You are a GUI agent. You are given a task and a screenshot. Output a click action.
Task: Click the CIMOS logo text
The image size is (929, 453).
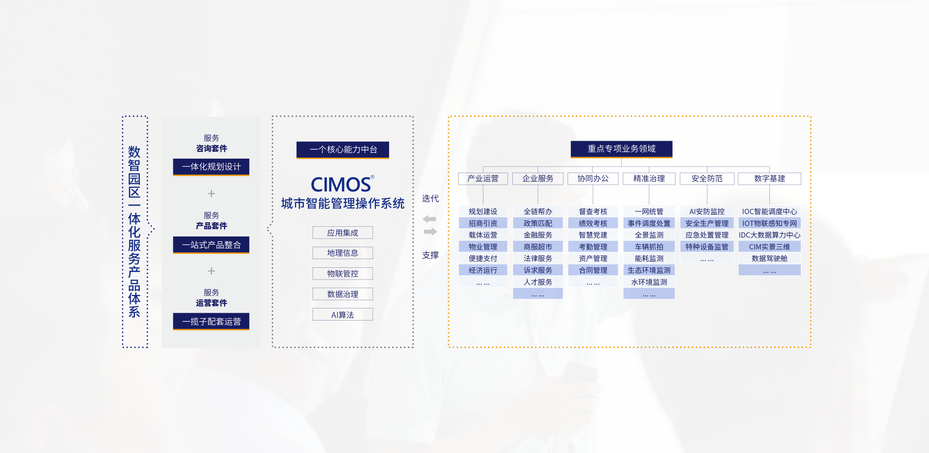pos(342,184)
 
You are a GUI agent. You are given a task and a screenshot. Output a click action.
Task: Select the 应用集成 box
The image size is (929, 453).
pos(343,233)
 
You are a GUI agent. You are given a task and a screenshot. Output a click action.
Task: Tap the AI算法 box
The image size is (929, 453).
pos(343,315)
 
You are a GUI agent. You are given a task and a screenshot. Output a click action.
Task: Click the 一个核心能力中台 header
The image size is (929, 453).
pos(343,149)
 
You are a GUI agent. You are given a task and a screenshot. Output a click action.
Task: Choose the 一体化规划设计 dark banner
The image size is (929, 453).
pos(211,167)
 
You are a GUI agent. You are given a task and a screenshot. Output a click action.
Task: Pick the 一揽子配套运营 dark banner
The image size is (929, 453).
pos(211,321)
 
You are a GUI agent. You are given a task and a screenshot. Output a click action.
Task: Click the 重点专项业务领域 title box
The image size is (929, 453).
pos(621,149)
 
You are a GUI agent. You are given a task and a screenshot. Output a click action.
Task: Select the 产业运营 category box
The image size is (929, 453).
pos(483,178)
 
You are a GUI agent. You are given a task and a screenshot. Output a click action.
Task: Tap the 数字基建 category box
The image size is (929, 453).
pos(769,178)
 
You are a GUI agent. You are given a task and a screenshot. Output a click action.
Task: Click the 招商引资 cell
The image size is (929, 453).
pos(483,223)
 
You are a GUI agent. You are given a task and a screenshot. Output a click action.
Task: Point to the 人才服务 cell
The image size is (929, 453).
pos(538,282)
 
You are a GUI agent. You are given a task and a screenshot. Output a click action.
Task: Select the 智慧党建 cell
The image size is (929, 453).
pos(593,235)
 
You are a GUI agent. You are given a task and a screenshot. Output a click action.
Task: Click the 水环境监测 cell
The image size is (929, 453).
pos(649,282)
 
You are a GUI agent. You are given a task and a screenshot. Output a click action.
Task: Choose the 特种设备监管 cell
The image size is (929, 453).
pos(707,247)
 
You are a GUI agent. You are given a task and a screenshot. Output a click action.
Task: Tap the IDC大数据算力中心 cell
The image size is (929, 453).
pos(769,235)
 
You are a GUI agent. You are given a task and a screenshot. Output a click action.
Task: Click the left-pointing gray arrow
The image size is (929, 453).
pos(429,219)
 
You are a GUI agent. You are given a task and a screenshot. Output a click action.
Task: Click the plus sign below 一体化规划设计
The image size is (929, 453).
pos(211,194)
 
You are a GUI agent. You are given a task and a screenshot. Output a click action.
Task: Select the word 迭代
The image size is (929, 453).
pos(430,199)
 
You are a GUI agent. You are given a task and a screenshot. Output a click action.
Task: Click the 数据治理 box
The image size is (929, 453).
pos(343,294)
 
